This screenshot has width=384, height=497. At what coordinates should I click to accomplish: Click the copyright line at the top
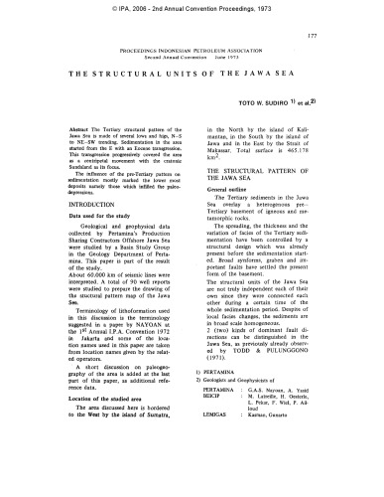(192, 7)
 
